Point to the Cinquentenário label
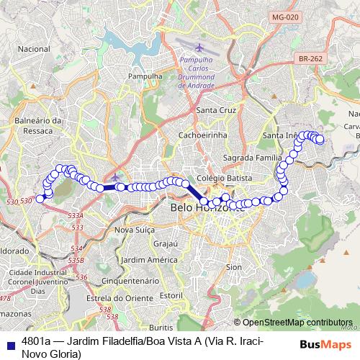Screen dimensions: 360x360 [126, 280]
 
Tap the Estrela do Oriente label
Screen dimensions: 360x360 [111, 297]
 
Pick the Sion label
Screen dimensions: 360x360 [234, 266]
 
